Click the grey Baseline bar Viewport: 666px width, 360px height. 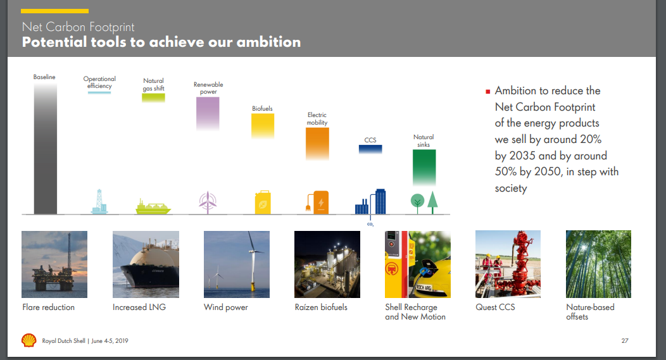(46, 148)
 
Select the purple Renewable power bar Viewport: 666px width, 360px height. (208, 113)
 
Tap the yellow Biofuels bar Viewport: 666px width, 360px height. (263, 126)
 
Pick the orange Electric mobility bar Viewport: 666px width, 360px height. (317, 144)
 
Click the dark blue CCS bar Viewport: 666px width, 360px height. (370, 149)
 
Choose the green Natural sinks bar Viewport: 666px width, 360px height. (424, 168)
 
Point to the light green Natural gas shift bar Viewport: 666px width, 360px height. (153, 97)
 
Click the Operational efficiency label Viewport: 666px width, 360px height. (99, 82)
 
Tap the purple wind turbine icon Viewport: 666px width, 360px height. (208, 202)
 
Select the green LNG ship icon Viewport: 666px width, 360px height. (153, 206)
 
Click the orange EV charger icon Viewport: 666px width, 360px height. (317, 202)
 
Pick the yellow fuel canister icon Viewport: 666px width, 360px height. (263, 202)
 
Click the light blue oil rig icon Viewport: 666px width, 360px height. (99, 201)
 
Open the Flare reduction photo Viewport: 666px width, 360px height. (54, 264)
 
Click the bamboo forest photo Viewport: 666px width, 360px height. (598, 264)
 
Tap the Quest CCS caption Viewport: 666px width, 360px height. (495, 307)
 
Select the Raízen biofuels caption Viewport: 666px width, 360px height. (321, 307)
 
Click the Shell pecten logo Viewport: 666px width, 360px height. (29, 340)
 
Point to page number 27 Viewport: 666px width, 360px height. (625, 340)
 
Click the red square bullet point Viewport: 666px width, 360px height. (488, 91)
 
